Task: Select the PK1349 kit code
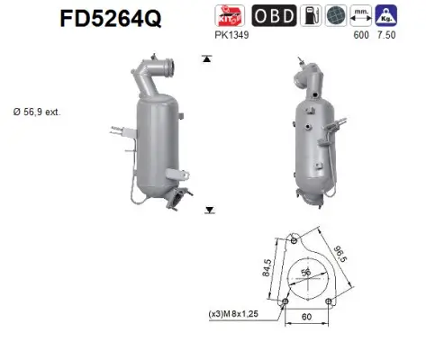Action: point(231,35)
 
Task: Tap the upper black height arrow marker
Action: point(208,58)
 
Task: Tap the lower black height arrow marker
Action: point(208,210)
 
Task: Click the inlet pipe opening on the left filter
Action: point(165,64)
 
